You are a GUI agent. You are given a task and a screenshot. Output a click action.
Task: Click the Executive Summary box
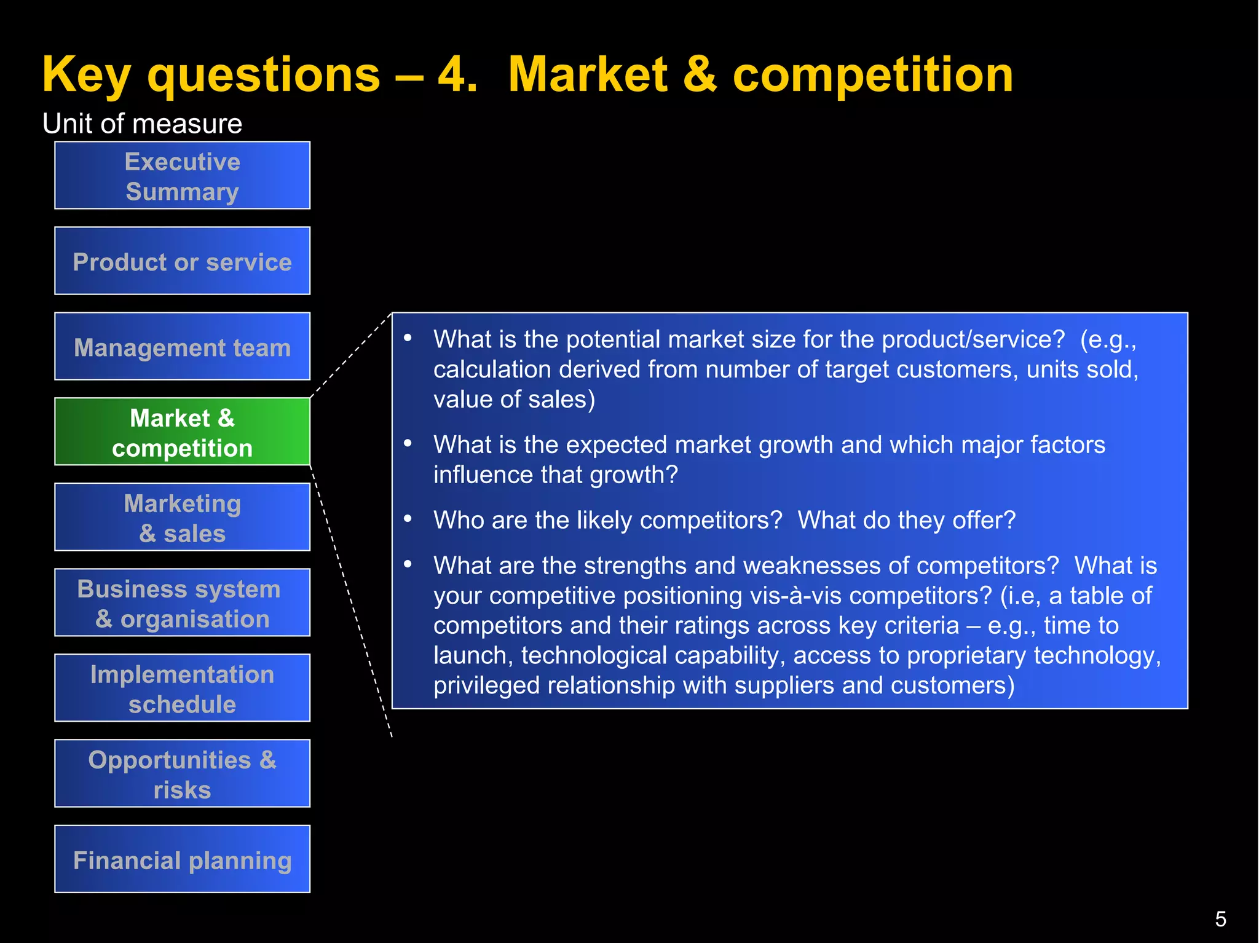click(182, 176)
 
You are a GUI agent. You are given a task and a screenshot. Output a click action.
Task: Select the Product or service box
click(182, 261)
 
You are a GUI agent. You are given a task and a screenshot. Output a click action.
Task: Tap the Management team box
click(182, 347)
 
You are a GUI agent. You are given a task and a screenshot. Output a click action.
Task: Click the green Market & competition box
click(182, 432)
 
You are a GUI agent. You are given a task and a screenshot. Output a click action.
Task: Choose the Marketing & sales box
click(182, 518)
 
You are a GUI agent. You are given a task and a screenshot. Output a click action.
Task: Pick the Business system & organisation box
click(182, 603)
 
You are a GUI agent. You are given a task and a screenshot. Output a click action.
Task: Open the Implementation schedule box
click(182, 689)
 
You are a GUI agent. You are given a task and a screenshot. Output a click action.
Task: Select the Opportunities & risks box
click(182, 774)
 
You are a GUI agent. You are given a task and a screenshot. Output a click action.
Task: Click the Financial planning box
click(182, 859)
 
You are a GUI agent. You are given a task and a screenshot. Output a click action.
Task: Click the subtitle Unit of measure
click(142, 124)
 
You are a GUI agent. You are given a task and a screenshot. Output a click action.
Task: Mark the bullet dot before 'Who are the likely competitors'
click(408, 519)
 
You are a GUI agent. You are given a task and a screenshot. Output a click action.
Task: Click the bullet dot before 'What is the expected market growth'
click(408, 443)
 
